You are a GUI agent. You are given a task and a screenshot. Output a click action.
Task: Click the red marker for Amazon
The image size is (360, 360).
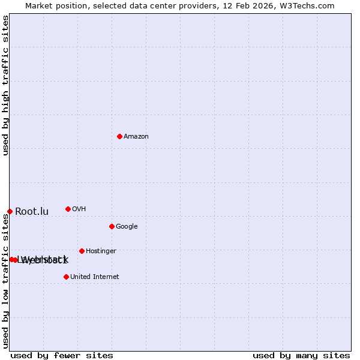[119, 136]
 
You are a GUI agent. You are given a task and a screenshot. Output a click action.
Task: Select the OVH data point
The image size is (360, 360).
[68, 209]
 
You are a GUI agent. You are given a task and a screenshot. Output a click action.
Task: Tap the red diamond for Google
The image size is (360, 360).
[112, 226]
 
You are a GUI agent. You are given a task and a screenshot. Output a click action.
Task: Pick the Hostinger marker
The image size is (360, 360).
[82, 251]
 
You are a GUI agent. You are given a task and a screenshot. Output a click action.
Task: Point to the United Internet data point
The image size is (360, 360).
[66, 277]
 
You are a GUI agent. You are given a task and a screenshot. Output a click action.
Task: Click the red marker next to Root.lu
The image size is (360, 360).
[10, 211]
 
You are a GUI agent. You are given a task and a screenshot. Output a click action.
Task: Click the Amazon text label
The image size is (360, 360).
[136, 137]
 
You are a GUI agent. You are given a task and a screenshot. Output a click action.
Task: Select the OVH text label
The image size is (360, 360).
[79, 209]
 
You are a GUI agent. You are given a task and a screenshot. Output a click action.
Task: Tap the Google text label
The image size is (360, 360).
[127, 227]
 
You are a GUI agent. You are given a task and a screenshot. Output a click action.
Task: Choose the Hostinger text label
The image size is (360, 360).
[101, 251]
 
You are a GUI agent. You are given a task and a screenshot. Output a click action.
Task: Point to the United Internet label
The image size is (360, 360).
[94, 277]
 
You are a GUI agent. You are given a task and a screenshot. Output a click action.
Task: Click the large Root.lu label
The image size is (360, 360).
[32, 212]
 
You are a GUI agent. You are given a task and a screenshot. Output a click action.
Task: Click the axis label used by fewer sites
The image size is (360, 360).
[62, 355]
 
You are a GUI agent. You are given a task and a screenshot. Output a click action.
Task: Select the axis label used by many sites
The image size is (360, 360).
[301, 355]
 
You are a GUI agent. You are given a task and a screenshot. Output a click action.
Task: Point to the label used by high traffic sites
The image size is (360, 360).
[6, 85]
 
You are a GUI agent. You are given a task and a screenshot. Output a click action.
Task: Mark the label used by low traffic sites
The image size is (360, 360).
[6, 281]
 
